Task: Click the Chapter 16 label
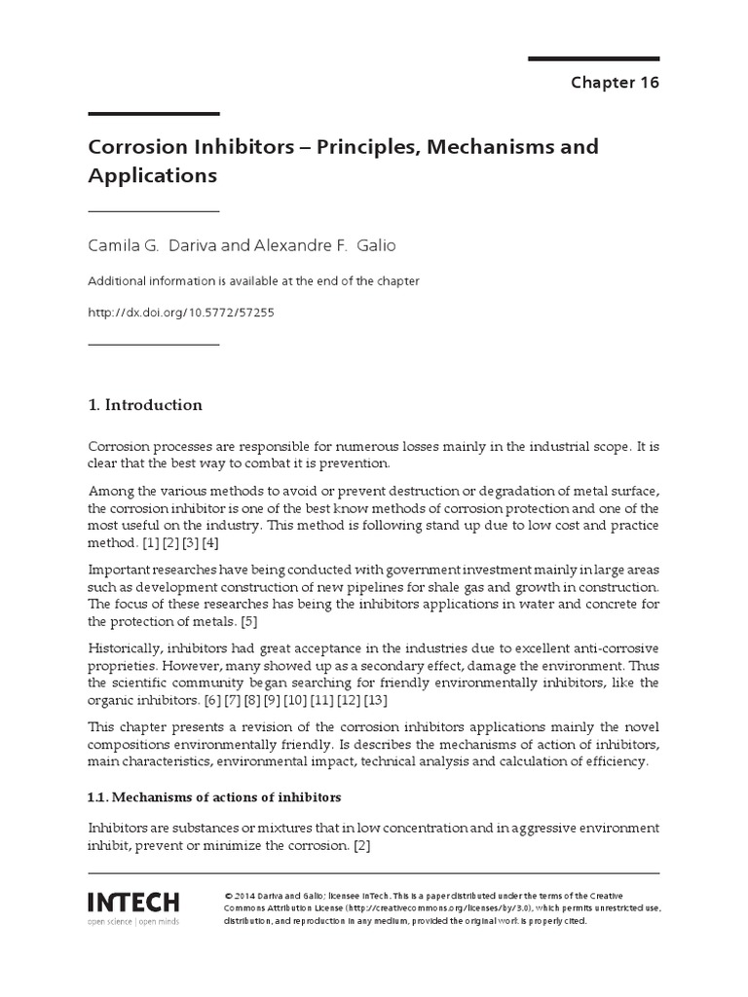point(615,82)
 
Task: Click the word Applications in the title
point(152,176)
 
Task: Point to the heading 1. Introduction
point(145,405)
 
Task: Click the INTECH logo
point(133,901)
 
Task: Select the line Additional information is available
point(253,281)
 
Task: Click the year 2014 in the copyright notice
point(246,895)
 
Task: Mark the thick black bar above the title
point(154,114)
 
